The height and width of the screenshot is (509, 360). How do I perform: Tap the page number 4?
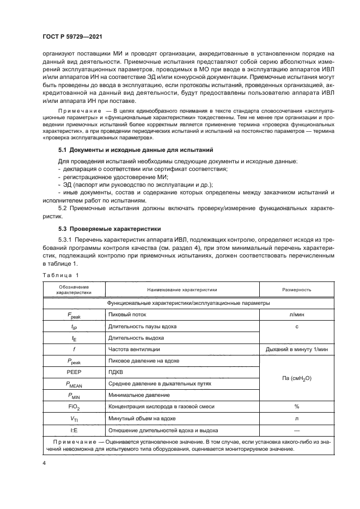point(44,463)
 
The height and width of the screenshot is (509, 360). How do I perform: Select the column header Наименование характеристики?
point(182,290)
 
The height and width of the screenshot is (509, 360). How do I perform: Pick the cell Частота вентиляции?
point(134,349)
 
